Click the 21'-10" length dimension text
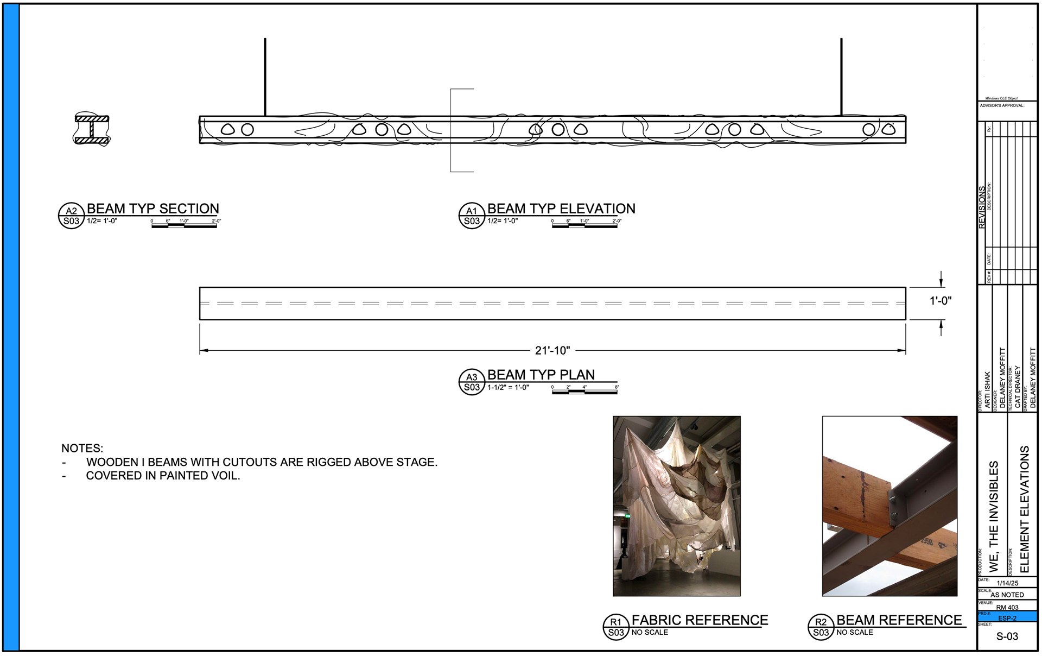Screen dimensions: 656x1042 click(x=552, y=351)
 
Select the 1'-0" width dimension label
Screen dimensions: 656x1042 click(x=941, y=301)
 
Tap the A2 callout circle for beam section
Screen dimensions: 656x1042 click(x=71, y=216)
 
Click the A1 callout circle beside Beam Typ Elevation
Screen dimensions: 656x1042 click(x=472, y=216)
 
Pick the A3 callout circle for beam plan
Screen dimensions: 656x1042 click(x=472, y=382)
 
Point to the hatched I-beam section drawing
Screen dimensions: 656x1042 click(x=92, y=129)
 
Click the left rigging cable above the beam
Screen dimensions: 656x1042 click(x=265, y=76)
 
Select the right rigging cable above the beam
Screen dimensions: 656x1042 click(x=841, y=76)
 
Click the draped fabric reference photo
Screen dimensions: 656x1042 click(x=676, y=506)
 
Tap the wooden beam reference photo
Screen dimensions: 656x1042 click(x=889, y=506)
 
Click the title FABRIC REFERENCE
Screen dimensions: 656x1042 click(x=700, y=620)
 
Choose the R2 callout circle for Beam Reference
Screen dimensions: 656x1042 click(x=821, y=627)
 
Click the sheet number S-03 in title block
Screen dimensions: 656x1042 click(x=1007, y=636)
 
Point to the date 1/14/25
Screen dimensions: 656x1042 click(x=1007, y=583)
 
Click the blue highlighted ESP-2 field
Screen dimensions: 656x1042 click(x=1007, y=617)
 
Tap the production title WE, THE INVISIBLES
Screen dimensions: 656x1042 click(x=994, y=516)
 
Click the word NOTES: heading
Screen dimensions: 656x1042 click(x=82, y=449)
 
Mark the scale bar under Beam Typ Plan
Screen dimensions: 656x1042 click(x=584, y=392)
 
